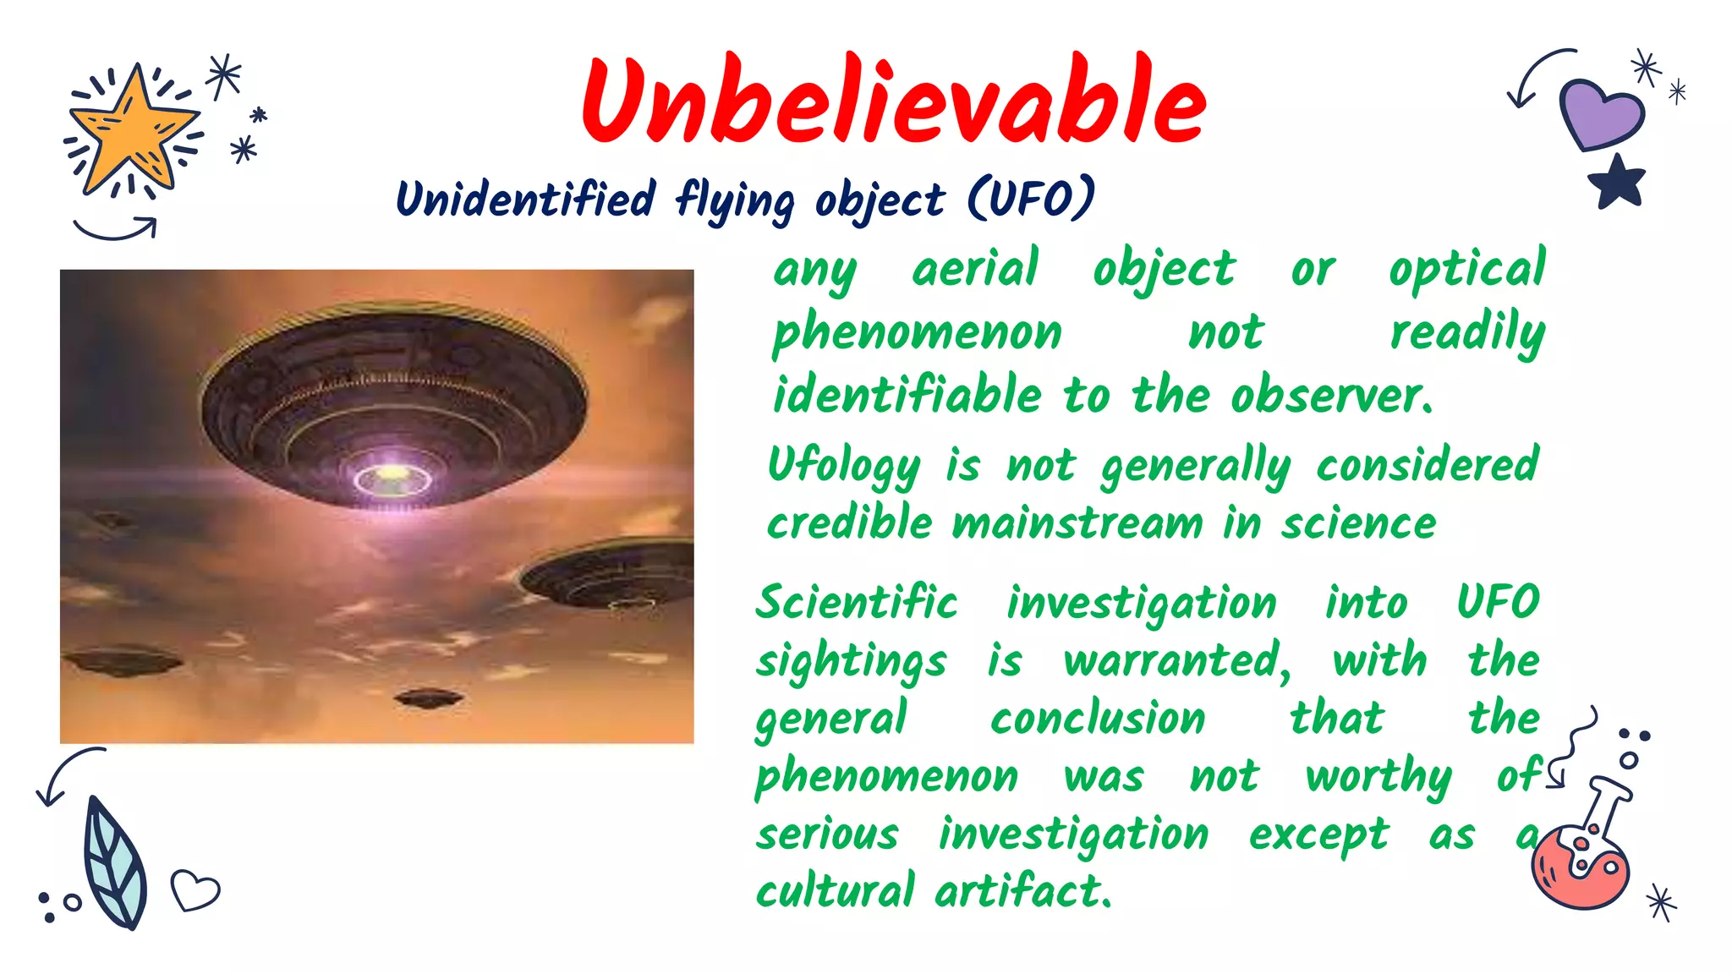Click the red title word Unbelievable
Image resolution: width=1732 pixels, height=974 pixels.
pos(894,101)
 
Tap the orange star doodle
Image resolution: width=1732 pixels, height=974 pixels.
pos(134,129)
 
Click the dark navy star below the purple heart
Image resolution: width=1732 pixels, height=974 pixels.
pos(1617,183)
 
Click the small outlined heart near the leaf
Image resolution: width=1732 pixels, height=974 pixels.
pos(195,889)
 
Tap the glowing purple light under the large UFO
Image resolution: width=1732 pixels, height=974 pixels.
pos(392,479)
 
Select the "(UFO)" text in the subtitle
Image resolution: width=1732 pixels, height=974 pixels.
pos(1031,199)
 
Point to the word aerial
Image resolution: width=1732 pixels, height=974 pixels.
pos(975,270)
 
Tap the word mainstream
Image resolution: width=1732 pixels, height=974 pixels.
pos(1077,523)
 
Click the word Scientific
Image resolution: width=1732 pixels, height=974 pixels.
pos(857,604)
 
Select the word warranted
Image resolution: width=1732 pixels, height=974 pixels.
pos(1176,661)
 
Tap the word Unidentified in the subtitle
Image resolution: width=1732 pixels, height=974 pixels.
pos(526,200)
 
